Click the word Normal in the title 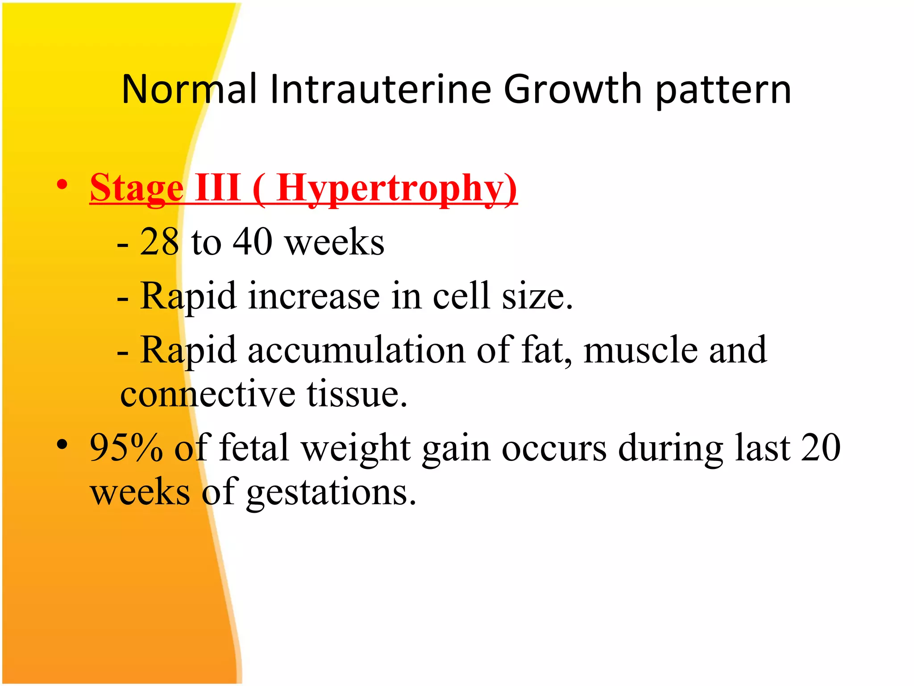point(189,89)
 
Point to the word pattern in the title point(723,92)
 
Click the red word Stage point(137,188)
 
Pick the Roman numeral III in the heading point(219,187)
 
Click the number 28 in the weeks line point(160,242)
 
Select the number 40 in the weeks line point(253,242)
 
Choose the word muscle point(640,350)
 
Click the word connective point(208,394)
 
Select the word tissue point(357,394)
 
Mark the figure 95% point(126,448)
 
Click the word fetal point(254,448)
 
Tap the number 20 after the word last point(820,448)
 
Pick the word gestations point(331,494)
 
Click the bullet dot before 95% point(62,444)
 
